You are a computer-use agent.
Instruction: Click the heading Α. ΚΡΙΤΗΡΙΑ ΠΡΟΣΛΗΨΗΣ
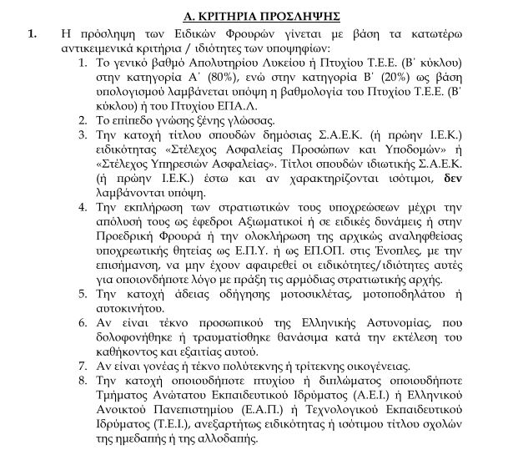tap(261, 17)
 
